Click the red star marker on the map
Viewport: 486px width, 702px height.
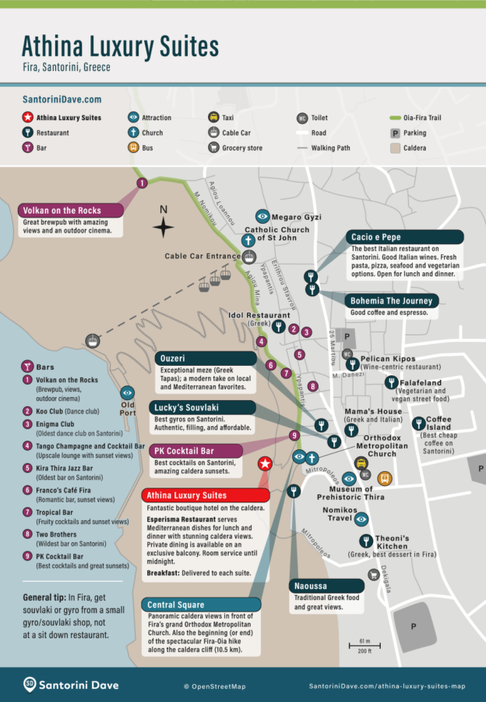point(265,464)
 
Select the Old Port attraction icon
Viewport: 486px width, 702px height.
point(127,393)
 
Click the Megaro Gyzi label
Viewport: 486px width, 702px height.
point(297,217)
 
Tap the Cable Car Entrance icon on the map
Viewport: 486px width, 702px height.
point(249,256)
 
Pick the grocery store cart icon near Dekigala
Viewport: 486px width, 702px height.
point(375,575)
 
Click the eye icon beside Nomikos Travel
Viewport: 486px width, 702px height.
point(361,517)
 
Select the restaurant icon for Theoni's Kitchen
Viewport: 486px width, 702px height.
point(365,541)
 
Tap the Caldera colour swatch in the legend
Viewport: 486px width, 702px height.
point(395,147)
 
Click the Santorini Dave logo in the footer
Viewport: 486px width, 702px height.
point(72,685)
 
